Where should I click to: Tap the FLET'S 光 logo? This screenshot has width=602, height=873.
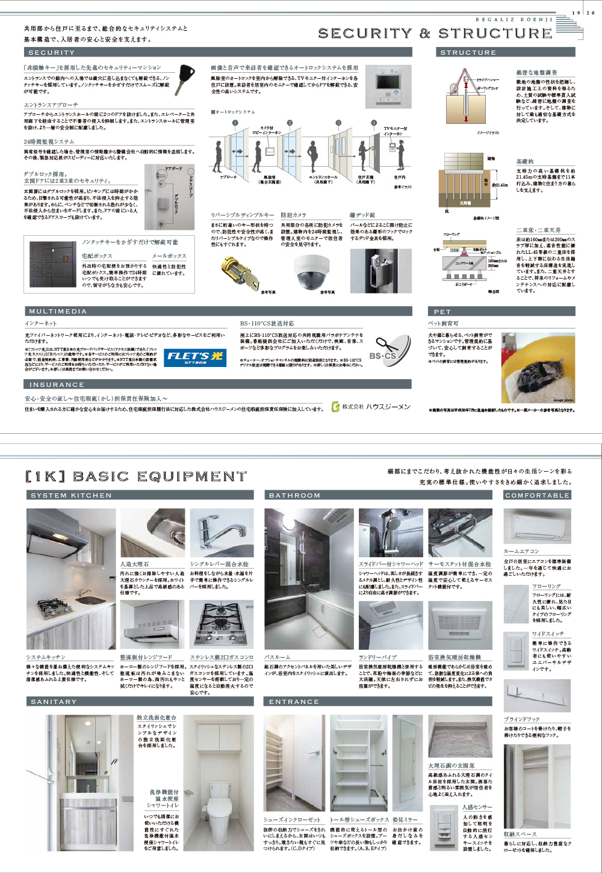194,357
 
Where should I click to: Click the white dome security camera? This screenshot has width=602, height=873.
311,271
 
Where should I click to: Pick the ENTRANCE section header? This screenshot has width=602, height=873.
379,702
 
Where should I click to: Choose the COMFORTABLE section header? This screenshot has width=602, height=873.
538,495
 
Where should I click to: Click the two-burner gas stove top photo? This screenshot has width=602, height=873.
222,624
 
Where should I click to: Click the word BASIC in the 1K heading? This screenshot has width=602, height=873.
101,477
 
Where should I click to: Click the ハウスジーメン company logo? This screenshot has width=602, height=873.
371,407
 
